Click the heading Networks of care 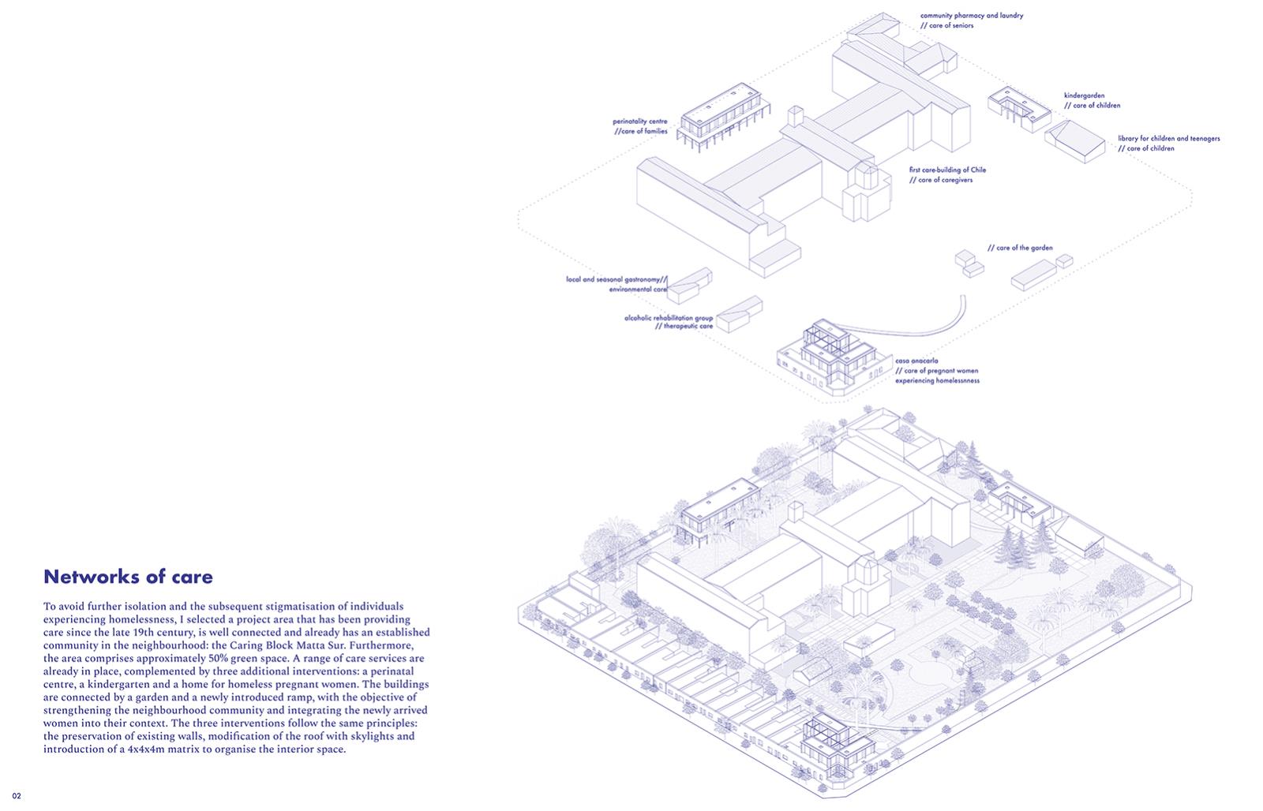(128, 577)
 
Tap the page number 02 (16, 795)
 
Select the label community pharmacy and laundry (971, 15)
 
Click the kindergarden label (1084, 95)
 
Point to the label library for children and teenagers (1168, 138)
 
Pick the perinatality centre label (639, 121)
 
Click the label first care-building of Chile (947, 170)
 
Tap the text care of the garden (1024, 248)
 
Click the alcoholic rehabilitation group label (668, 318)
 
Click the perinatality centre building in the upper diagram (170, 118)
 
